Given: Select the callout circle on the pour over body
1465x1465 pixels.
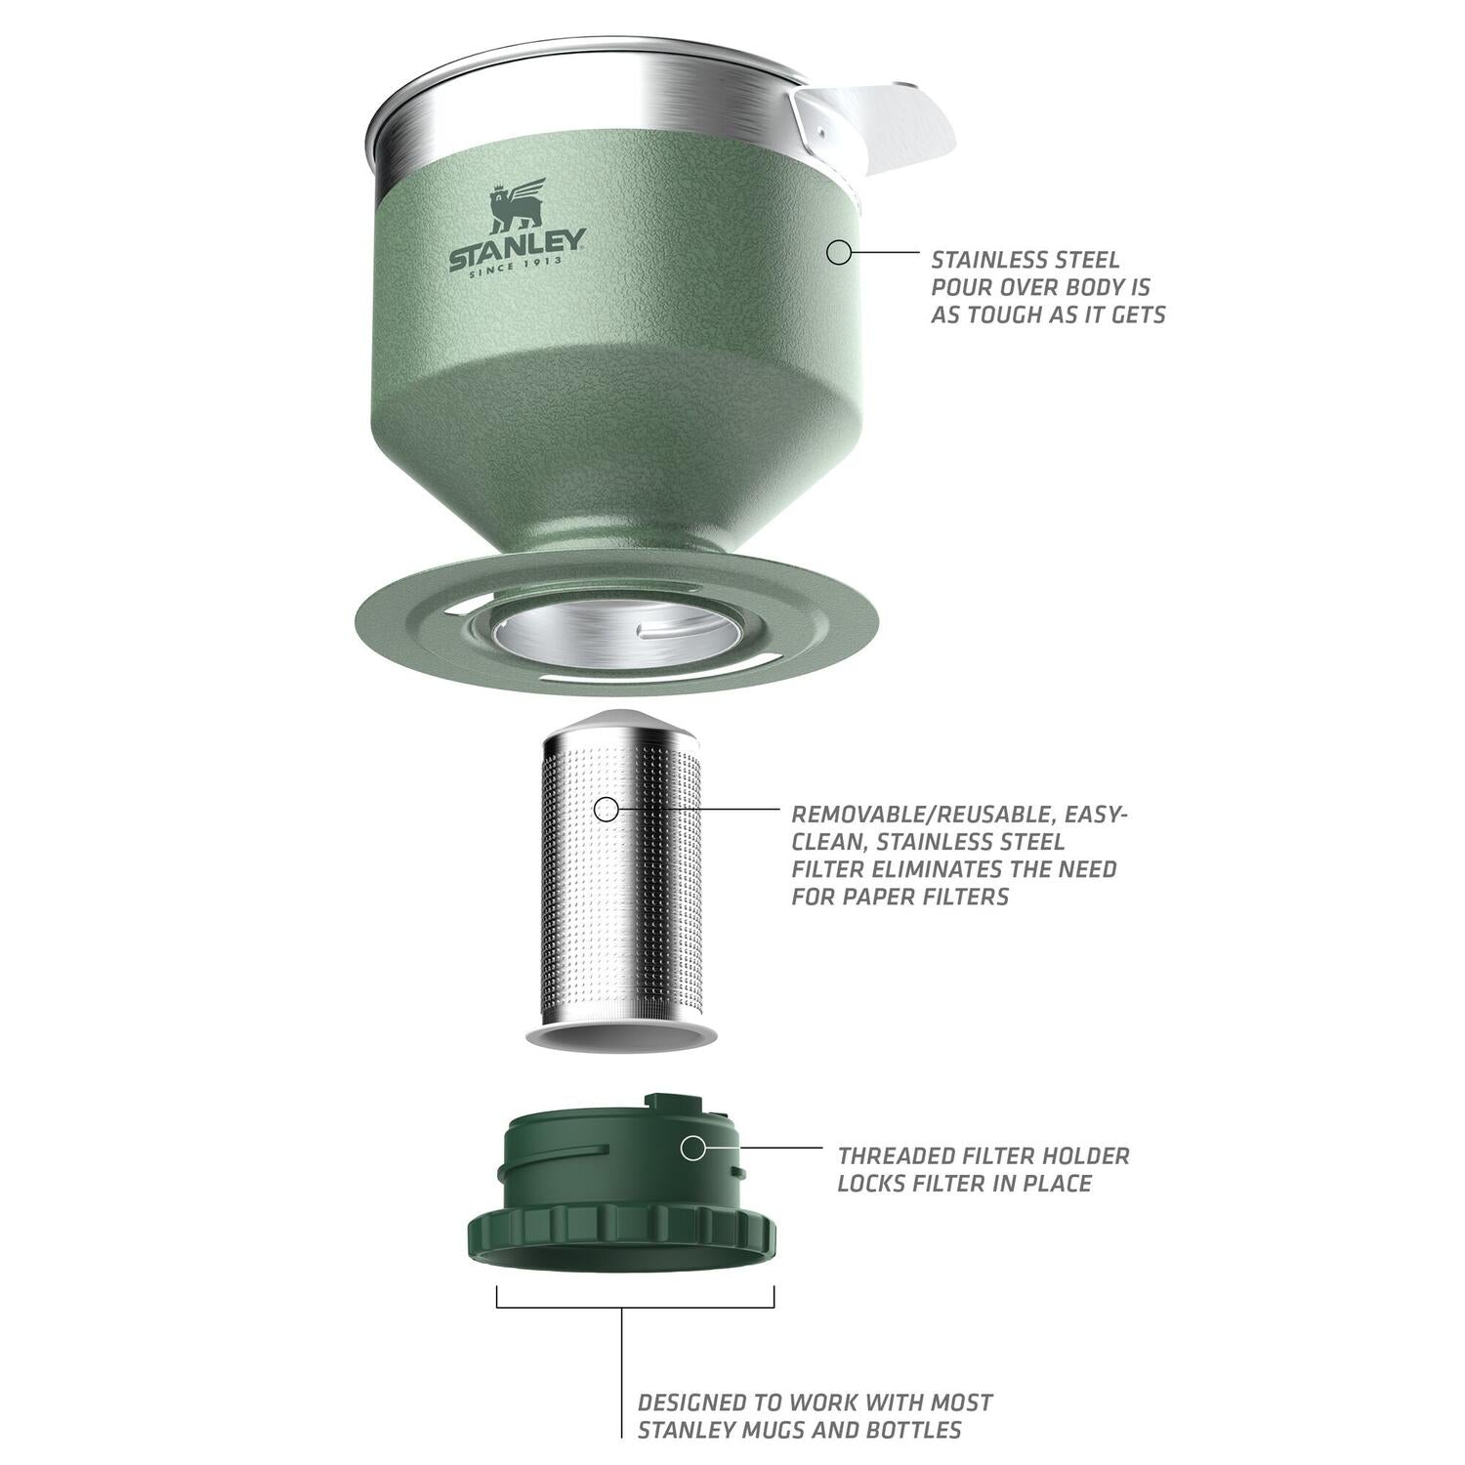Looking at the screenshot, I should [x=839, y=253].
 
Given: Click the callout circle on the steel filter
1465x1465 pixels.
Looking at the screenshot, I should [x=607, y=809].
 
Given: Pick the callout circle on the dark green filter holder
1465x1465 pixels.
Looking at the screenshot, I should [x=692, y=1149].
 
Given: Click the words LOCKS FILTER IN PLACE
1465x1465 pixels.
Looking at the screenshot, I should [x=964, y=1184].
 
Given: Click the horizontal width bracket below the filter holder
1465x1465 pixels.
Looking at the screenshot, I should [x=635, y=1307].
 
